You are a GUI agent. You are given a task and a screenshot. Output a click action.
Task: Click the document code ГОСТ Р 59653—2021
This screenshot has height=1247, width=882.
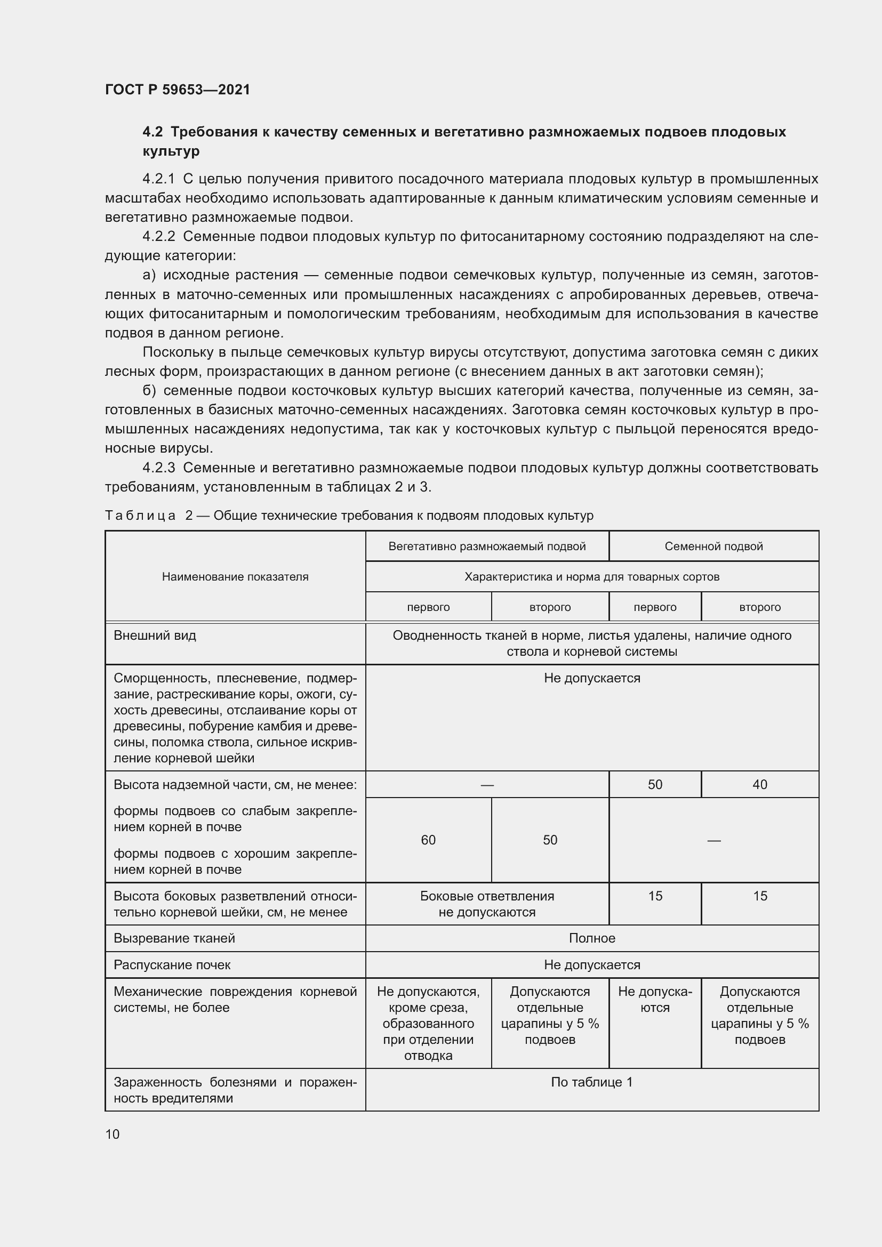pyautogui.click(x=178, y=90)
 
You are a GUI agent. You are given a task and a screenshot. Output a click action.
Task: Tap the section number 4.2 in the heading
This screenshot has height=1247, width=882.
pyautogui.click(x=152, y=132)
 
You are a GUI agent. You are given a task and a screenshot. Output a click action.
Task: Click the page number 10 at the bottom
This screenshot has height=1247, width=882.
pyautogui.click(x=113, y=1134)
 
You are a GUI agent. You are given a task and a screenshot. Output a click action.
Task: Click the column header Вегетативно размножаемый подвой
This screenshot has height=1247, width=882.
pyautogui.click(x=487, y=546)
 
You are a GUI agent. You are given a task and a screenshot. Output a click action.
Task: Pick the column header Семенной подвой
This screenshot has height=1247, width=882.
pyautogui.click(x=713, y=546)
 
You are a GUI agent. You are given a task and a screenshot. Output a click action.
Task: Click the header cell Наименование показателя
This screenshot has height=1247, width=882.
pyautogui.click(x=235, y=577)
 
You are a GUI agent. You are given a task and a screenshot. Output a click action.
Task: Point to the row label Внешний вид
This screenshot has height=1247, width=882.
pyautogui.click(x=155, y=635)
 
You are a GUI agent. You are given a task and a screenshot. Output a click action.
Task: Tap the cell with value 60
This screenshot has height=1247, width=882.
pyautogui.click(x=428, y=840)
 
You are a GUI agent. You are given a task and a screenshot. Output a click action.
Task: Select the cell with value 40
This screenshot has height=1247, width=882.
pyautogui.click(x=759, y=785)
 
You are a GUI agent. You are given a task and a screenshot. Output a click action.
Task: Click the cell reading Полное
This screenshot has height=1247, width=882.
pyautogui.click(x=591, y=938)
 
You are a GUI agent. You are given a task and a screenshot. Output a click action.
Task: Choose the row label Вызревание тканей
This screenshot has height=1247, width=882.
pyautogui.click(x=174, y=938)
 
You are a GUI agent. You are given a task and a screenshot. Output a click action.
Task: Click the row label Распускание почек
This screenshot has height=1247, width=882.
pyautogui.click(x=172, y=965)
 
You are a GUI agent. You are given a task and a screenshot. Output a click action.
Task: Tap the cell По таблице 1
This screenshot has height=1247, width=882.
pyautogui.click(x=591, y=1082)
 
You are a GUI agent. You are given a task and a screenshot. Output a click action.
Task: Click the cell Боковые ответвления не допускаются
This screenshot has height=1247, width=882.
pyautogui.click(x=487, y=904)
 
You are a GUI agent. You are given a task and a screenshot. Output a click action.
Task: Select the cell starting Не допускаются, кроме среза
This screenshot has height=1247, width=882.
pyautogui.click(x=428, y=1023)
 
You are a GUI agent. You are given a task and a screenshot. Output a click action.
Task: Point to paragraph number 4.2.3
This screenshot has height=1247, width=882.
pyautogui.click(x=158, y=468)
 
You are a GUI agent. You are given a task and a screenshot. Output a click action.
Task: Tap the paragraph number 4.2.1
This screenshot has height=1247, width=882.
pyautogui.click(x=158, y=179)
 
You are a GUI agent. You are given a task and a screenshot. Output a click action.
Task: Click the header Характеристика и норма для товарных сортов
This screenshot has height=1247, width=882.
pyautogui.click(x=591, y=577)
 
